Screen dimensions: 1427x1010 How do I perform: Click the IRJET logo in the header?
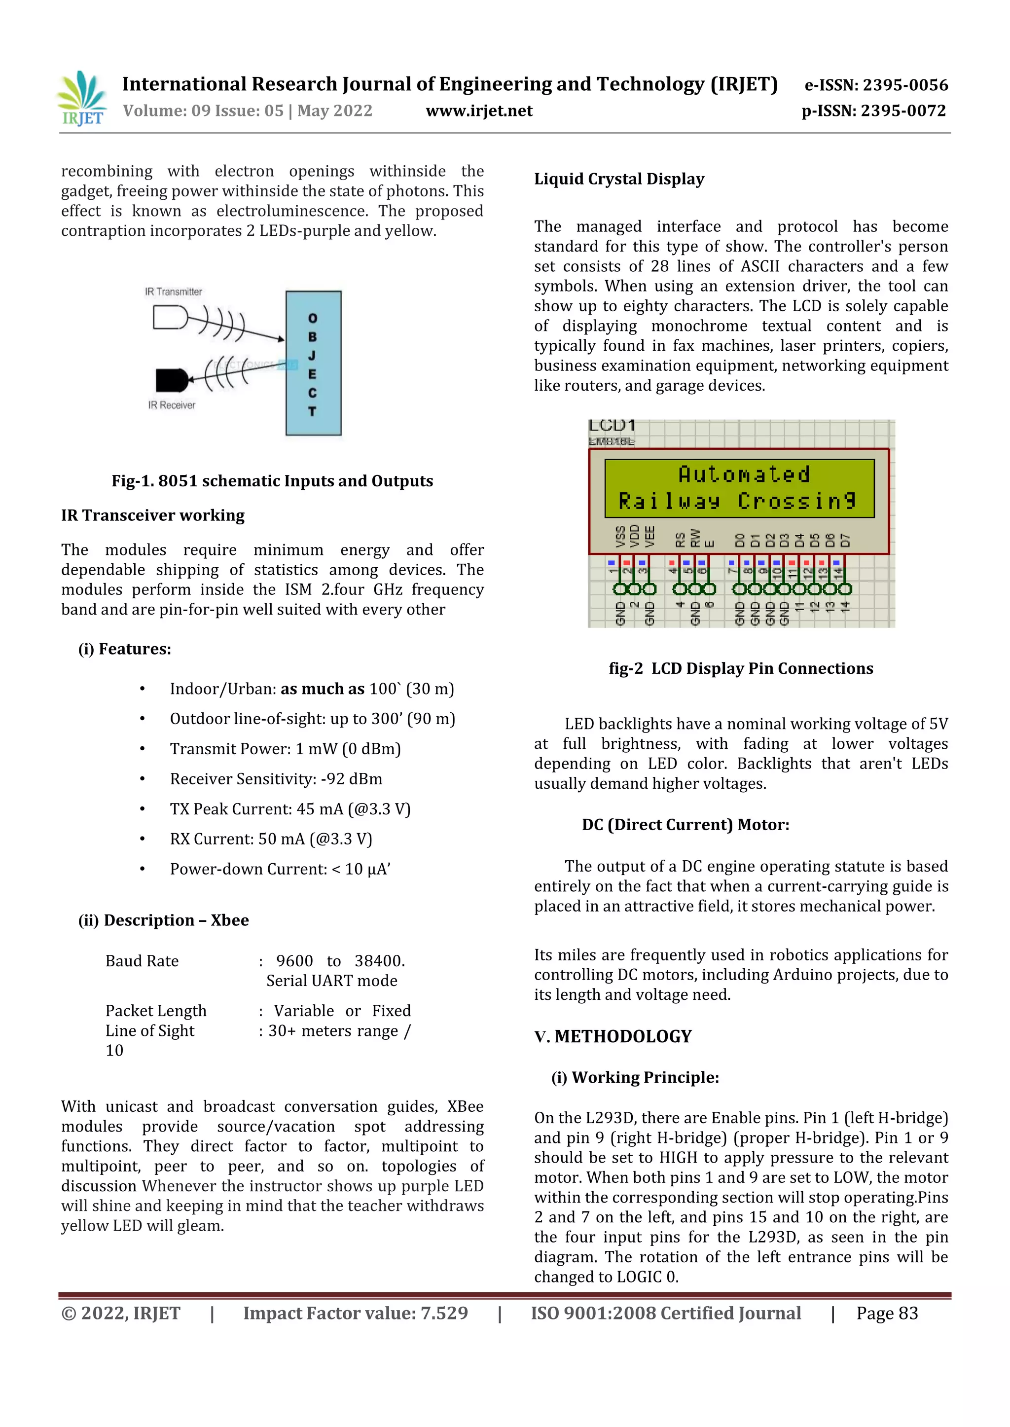point(82,98)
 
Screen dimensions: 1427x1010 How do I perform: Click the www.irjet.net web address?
point(479,111)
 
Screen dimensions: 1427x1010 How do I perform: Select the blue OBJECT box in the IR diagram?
point(313,363)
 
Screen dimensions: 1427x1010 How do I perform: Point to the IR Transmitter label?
point(174,292)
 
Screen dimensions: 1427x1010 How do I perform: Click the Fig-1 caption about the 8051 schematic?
point(272,481)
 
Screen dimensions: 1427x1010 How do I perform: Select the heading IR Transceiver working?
point(152,515)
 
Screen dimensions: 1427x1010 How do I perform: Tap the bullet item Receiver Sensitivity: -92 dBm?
point(276,779)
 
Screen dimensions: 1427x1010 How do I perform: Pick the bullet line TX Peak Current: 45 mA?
point(290,808)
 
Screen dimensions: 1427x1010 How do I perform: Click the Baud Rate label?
point(142,961)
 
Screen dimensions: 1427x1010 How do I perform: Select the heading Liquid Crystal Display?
point(619,179)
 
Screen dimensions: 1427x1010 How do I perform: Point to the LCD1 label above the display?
point(612,426)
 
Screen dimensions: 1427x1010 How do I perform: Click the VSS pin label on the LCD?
point(620,537)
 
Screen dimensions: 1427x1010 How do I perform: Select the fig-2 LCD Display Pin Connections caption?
point(741,669)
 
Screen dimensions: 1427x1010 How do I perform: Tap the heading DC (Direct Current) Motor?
point(685,825)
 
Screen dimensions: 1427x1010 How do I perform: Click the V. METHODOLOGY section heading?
point(613,1036)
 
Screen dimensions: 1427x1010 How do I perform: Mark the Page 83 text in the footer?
point(887,1313)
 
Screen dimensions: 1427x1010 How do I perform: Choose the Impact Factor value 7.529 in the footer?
point(355,1313)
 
